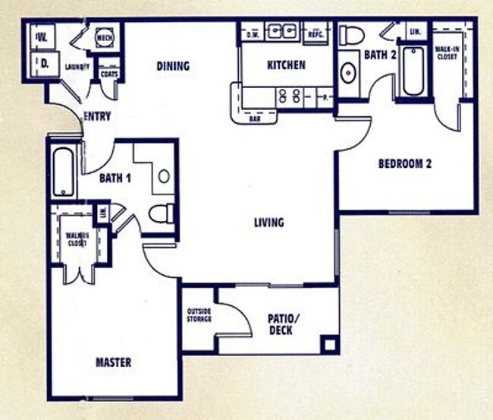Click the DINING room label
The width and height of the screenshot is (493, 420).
[x=173, y=66]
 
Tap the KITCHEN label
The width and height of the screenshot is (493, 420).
[x=286, y=65]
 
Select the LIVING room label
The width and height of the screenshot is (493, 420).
[x=268, y=223]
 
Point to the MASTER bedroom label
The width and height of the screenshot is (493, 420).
[x=113, y=362]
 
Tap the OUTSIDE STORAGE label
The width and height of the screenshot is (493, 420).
[x=199, y=314]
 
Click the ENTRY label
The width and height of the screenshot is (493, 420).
[x=97, y=117]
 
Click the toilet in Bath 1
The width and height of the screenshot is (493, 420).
[x=161, y=214]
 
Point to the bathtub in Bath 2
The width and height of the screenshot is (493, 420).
[x=413, y=71]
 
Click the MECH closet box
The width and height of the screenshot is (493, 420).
[x=104, y=36]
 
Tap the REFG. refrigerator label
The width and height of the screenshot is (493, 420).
[x=316, y=34]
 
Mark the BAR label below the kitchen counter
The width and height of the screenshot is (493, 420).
[x=256, y=119]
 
